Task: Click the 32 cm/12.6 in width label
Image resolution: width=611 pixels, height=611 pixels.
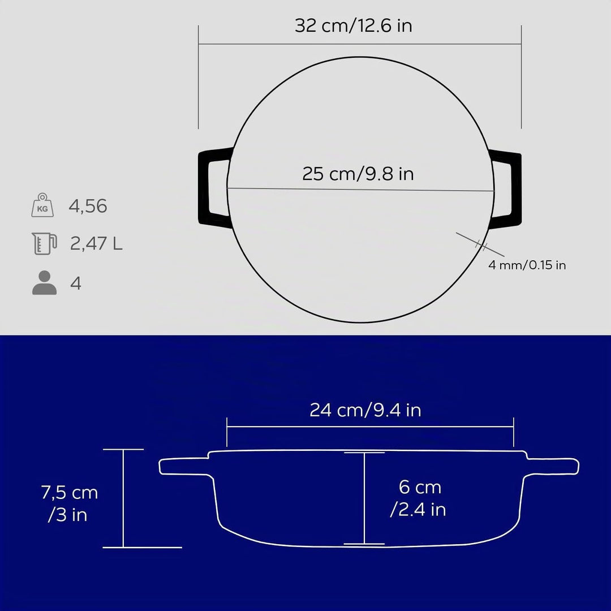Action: click(x=353, y=25)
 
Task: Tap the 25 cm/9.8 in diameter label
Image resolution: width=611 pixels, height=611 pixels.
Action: click(x=358, y=174)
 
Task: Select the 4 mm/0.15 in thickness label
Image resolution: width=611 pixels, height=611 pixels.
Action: click(x=527, y=265)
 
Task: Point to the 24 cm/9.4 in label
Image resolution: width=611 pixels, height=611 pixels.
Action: click(x=365, y=410)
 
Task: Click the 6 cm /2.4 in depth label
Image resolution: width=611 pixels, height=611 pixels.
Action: click(x=418, y=498)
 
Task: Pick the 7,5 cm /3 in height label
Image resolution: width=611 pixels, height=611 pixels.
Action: click(x=69, y=504)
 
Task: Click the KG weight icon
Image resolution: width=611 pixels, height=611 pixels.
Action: click(x=42, y=205)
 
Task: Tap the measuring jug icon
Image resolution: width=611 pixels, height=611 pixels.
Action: click(x=44, y=243)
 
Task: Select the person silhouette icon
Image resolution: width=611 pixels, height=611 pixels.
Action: click(x=45, y=282)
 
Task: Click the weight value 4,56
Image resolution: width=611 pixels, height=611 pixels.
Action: click(x=88, y=206)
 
